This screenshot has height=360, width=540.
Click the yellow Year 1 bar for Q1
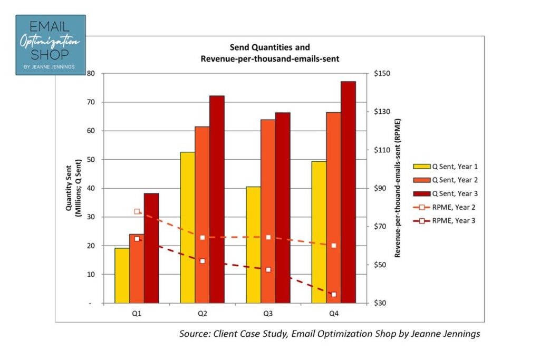122,276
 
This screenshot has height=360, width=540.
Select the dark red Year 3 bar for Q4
348,192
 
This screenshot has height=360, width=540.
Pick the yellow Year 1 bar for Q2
187,228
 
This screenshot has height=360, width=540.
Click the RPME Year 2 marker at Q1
137,212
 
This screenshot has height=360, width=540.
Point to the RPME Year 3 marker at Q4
334,295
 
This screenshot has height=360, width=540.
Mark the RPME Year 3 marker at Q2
202,261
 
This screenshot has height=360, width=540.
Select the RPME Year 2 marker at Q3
268,237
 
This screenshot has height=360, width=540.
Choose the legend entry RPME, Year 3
454,221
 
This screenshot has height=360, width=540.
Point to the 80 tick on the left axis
91,74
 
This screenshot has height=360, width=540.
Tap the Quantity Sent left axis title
72,188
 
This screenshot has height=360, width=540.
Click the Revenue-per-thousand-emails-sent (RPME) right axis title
398,188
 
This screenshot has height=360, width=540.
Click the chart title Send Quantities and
269,47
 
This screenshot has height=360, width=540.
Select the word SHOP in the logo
51,54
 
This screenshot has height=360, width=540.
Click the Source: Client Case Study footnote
330,334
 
